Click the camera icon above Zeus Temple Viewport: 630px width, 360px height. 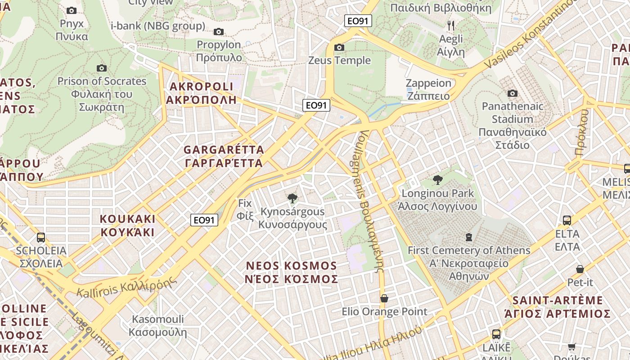pos(339,47)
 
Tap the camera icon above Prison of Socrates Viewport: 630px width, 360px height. pos(102,68)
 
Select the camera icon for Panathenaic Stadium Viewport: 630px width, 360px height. pos(512,93)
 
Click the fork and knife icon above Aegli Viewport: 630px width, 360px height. pos(451,25)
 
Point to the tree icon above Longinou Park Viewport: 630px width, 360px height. pos(437,180)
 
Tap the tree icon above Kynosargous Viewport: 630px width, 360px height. pos(292,198)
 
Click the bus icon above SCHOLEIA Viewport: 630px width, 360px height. pos(41,237)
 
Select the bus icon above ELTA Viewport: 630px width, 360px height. pos(567,220)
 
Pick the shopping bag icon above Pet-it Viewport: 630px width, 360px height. pos(580,269)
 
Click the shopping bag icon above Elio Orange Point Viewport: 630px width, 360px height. pos(384,298)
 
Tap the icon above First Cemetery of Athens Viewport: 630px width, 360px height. pos(469,237)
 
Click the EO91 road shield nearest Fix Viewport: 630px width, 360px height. pos(204,220)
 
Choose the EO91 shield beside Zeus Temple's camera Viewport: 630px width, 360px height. pos(358,21)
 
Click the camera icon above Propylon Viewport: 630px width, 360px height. pos(219,31)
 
